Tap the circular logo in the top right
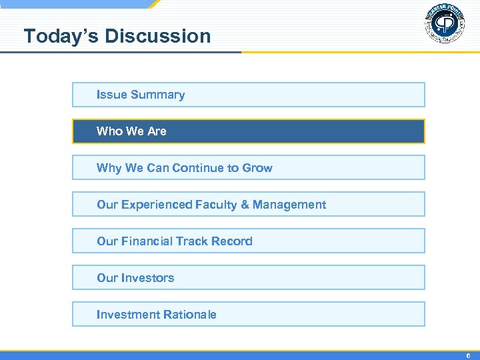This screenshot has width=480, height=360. pyautogui.click(x=445, y=24)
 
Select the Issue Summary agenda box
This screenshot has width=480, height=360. pyautogui.click(x=248, y=95)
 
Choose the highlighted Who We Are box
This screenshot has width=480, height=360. pyautogui.click(x=248, y=131)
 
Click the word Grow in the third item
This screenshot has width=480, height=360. pyautogui.click(x=257, y=168)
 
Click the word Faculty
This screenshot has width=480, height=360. pyautogui.click(x=217, y=205)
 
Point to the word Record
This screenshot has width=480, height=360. pyautogui.click(x=232, y=241)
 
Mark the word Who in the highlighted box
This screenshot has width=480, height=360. pyautogui.click(x=109, y=131)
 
